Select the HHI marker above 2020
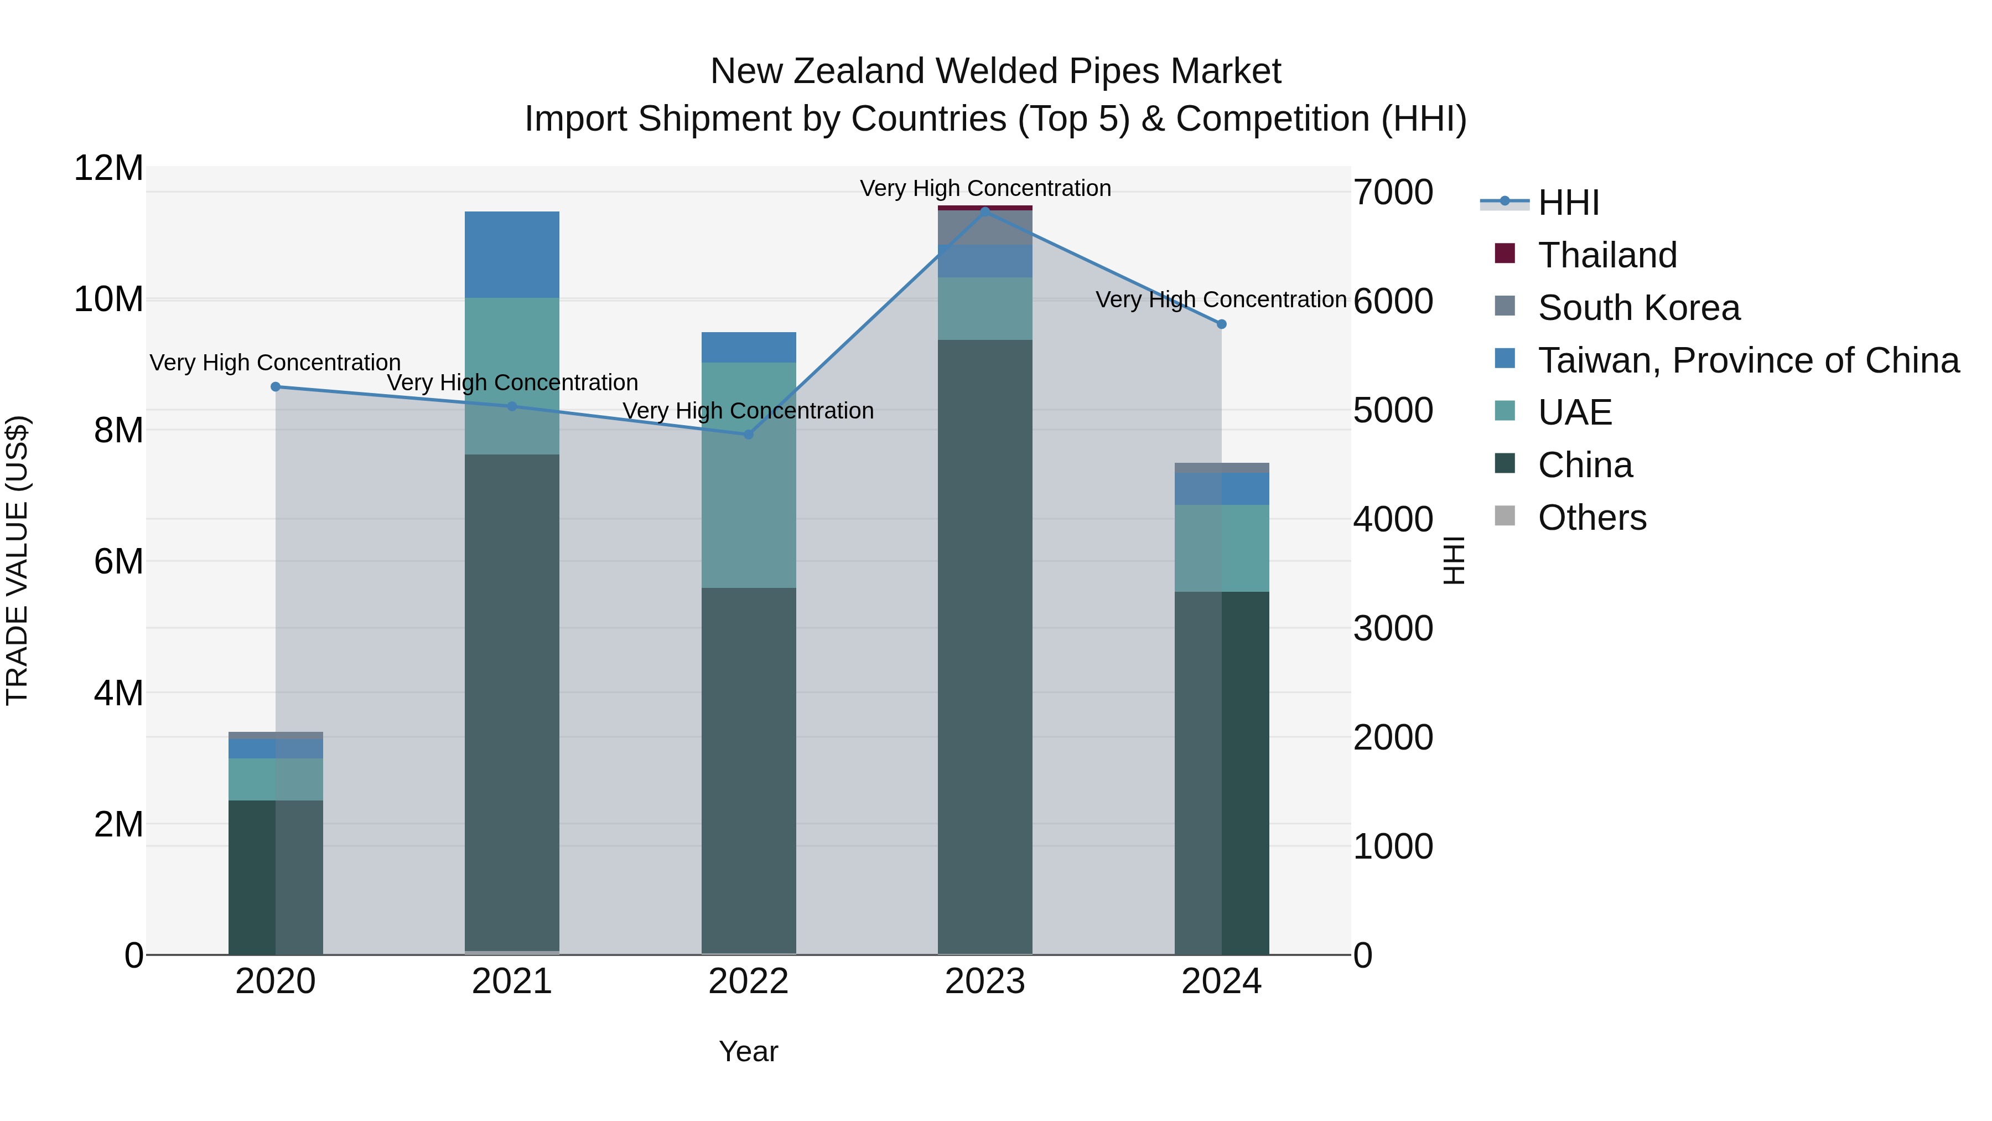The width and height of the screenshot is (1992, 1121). [276, 387]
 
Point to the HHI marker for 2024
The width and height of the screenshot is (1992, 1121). [1221, 324]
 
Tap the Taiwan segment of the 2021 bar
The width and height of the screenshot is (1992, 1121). [512, 255]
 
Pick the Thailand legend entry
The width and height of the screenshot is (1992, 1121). [1607, 255]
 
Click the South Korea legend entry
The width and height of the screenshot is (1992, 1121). [1638, 308]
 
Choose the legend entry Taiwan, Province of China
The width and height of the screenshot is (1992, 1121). [1747, 360]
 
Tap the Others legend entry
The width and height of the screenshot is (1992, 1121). [1591, 518]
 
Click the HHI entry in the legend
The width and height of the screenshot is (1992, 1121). [1568, 203]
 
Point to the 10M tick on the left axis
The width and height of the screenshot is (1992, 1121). [109, 299]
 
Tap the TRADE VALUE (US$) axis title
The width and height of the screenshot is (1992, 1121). [17, 560]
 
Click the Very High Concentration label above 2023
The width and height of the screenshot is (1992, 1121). [984, 188]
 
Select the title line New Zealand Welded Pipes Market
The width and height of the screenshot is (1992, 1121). [995, 71]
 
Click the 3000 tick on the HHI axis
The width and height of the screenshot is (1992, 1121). [1393, 628]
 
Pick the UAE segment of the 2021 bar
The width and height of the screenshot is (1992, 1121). [512, 376]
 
